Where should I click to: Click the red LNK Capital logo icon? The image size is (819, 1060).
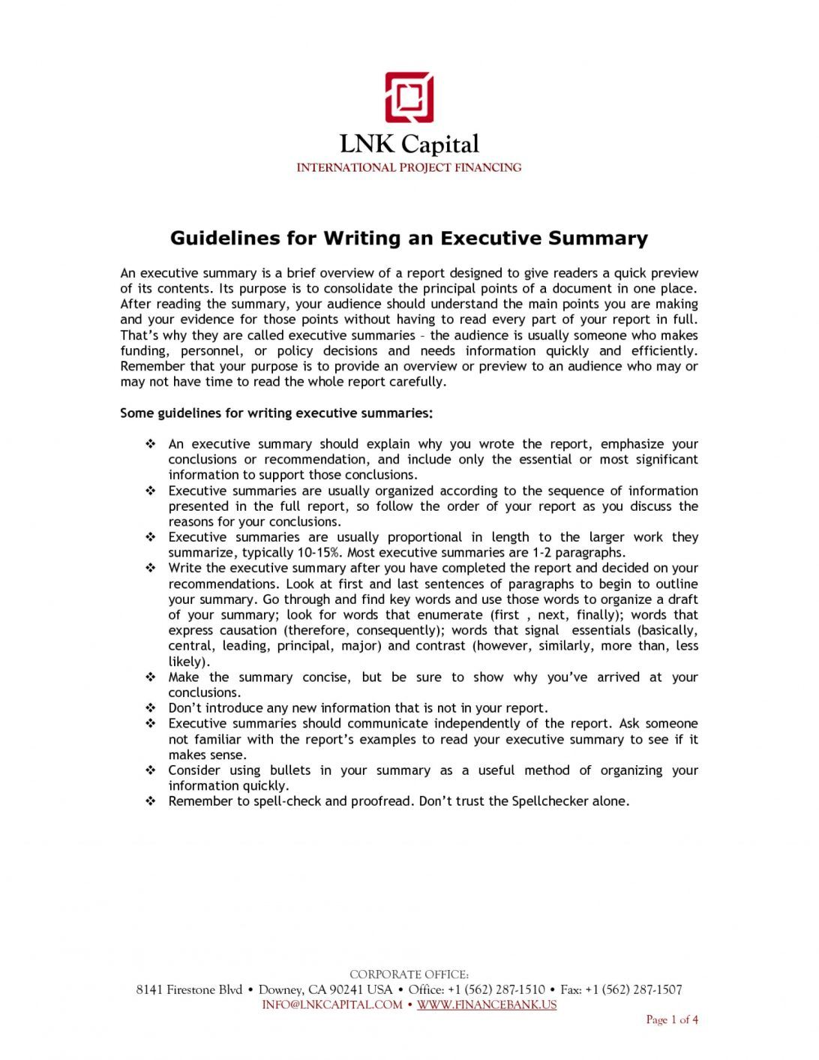409,98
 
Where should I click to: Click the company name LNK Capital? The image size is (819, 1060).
409,144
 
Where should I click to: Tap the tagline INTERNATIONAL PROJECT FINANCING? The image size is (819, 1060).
409,167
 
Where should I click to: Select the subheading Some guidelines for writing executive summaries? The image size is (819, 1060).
277,413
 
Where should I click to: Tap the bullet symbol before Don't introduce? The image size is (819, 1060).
151,708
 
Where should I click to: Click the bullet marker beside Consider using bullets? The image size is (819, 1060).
151,770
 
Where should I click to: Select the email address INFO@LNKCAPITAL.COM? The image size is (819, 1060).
332,1005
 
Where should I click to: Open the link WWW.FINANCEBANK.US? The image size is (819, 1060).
487,1005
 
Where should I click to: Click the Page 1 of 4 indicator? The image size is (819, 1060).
672,1019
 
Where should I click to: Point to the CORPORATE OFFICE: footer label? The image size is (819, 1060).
409,974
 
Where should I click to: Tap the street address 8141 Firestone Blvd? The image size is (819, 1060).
189,990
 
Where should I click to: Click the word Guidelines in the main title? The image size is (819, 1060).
223,239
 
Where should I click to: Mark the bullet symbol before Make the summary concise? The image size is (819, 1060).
151,677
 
